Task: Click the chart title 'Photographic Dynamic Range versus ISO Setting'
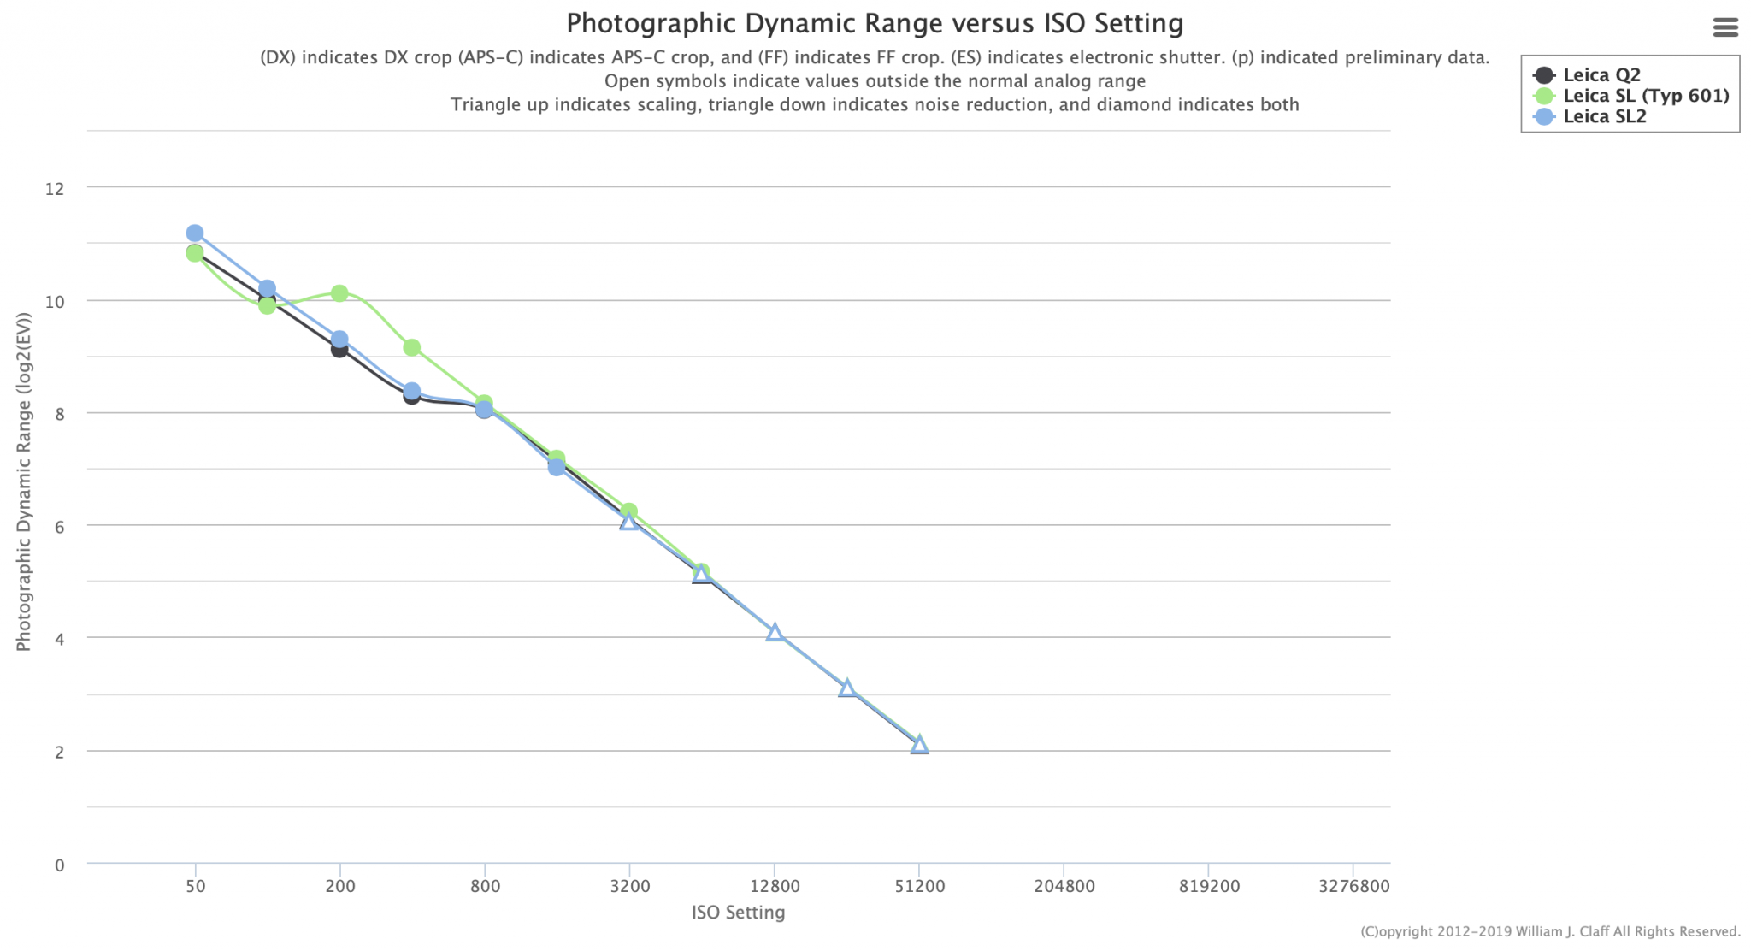pyautogui.click(x=874, y=23)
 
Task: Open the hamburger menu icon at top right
pyautogui.click(x=1725, y=27)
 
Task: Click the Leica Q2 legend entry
pyautogui.click(x=1601, y=75)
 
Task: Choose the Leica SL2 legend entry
pyautogui.click(x=1604, y=117)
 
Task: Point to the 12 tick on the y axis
pyautogui.click(x=55, y=188)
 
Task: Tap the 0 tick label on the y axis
pyautogui.click(x=60, y=865)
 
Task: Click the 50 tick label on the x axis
pyautogui.click(x=196, y=886)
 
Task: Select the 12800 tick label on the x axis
pyautogui.click(x=775, y=886)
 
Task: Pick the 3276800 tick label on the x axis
pyautogui.click(x=1353, y=886)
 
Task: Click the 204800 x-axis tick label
pyautogui.click(x=1064, y=886)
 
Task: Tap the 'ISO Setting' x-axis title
pyautogui.click(x=738, y=913)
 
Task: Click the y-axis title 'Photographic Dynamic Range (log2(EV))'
pyautogui.click(x=24, y=481)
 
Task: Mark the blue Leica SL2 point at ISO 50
pyautogui.click(x=195, y=233)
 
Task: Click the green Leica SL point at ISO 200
pyautogui.click(x=339, y=293)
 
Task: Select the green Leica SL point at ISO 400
pyautogui.click(x=411, y=347)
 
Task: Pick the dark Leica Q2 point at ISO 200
pyautogui.click(x=339, y=349)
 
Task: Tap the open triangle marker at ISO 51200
pyautogui.click(x=919, y=745)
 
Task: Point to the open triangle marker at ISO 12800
pyautogui.click(x=775, y=633)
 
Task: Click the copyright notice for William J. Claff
pyautogui.click(x=1550, y=932)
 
